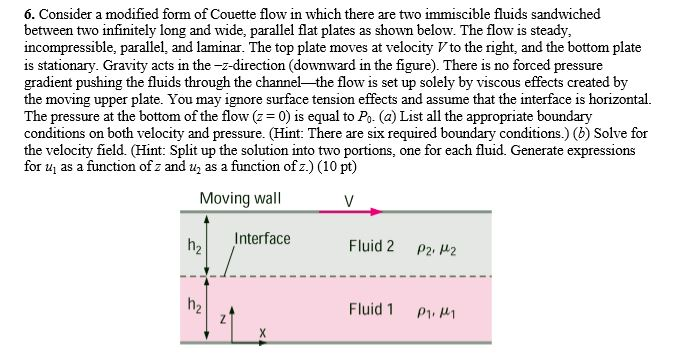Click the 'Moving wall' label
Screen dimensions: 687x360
pos(240,198)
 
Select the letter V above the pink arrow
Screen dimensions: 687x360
pos(348,198)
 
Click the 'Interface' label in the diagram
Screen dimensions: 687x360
pos(263,238)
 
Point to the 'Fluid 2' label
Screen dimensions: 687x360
pos(372,246)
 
